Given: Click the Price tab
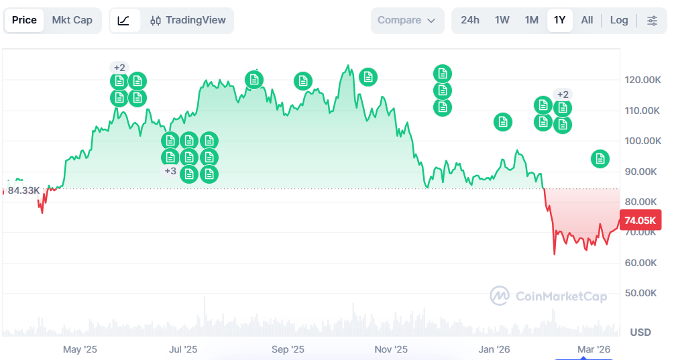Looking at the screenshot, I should pos(24,20).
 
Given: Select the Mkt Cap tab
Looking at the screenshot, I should pos(72,20).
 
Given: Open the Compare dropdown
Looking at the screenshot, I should pos(407,20).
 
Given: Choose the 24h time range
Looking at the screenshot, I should pos(470,20).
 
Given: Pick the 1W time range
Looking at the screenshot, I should pos(502,20).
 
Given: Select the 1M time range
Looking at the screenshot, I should pos(532,20).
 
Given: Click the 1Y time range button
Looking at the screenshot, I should pos(559,20).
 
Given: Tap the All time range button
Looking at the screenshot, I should pos(587,20).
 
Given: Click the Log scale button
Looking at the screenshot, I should pos(619,20).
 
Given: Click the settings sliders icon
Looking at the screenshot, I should pos(652,20).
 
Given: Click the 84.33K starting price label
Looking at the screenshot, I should pos(23,190).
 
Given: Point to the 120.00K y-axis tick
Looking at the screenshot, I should pos(642,80).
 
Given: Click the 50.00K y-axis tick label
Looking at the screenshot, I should pos(642,293).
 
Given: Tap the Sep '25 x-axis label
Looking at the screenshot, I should pos(288,349).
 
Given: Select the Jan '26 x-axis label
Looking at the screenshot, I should pos(494,349).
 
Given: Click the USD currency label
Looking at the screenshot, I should pos(640,333).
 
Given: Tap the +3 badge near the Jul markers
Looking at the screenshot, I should pos(170,171).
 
